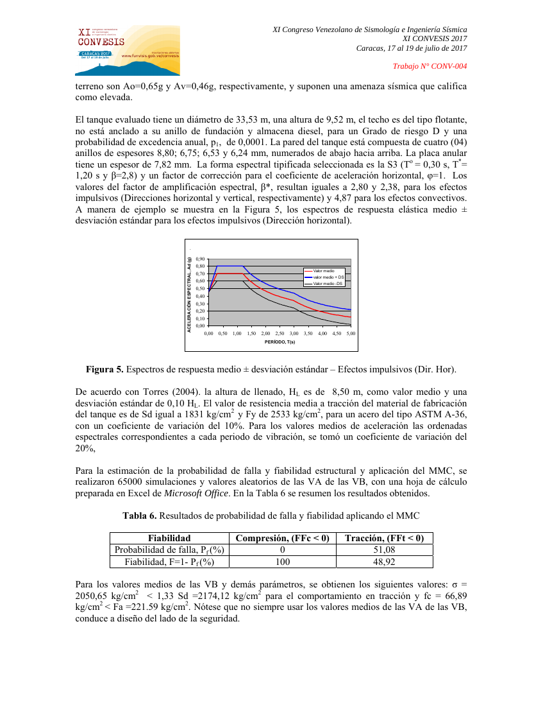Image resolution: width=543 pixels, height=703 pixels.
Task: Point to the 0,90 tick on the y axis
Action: click(200, 259)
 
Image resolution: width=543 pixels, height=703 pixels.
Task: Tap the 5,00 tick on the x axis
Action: click(351, 334)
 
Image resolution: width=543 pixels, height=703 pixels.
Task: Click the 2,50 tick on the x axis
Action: click(280, 334)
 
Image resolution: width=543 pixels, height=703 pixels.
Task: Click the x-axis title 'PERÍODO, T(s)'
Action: click(280, 343)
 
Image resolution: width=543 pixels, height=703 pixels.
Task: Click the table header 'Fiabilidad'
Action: click(169, 538)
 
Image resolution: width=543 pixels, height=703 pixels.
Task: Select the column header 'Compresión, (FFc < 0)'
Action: click(282, 538)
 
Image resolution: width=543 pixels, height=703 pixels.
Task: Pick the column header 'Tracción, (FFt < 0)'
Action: click(384, 538)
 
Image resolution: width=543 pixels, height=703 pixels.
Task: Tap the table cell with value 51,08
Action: click(384, 550)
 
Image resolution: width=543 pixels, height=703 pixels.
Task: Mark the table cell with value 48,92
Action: click(384, 562)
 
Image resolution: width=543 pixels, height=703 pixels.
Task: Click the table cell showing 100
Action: click(282, 562)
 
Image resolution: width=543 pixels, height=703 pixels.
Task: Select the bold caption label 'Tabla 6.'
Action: click(140, 516)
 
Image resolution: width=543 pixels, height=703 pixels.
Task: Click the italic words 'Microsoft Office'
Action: click(196, 493)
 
